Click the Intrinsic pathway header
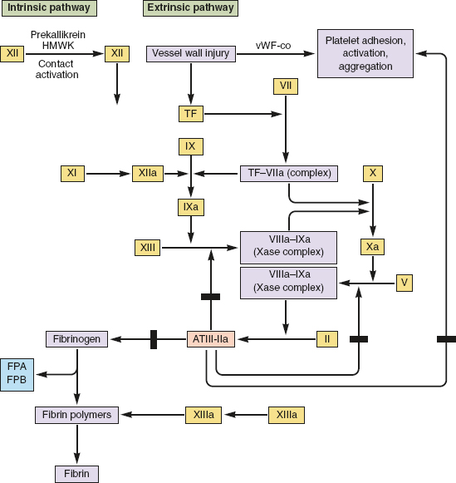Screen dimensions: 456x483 tap(49, 8)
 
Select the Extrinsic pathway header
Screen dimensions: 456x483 tap(190, 8)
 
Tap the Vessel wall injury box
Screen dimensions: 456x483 tap(191, 54)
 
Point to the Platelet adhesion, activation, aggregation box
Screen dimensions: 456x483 tap(365, 53)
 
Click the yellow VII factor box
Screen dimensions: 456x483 tap(286, 86)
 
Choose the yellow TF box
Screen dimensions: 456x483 tap(191, 114)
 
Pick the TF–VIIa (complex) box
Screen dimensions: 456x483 tap(288, 174)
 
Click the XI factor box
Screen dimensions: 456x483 tap(72, 174)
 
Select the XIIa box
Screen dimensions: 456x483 tap(148, 174)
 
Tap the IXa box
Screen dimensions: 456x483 tap(191, 207)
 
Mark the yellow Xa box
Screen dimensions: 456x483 tap(372, 247)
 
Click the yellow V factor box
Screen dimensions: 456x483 tap(404, 283)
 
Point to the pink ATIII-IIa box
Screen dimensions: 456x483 tap(211, 339)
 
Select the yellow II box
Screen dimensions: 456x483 tap(327, 339)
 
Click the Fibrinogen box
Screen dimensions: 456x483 tap(76, 339)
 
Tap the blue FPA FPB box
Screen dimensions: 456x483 tap(17, 375)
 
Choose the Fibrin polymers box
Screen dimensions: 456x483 tap(76, 415)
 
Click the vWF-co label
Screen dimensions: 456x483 tap(273, 46)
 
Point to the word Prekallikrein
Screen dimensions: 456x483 tap(58, 35)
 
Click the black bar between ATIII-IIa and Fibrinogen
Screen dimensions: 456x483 tap(154, 339)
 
